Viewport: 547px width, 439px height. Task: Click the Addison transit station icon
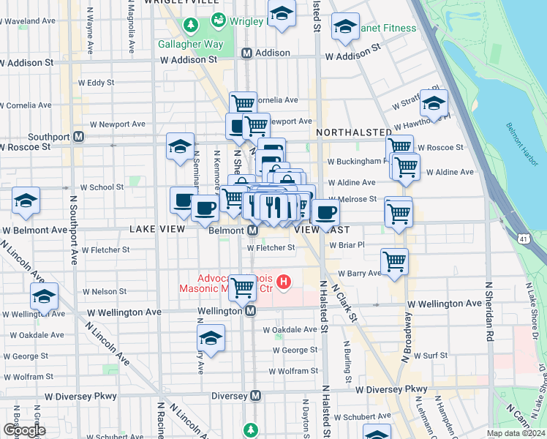coord(247,53)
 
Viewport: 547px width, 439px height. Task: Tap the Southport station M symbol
coord(79,137)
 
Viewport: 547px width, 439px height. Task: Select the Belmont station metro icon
coord(252,230)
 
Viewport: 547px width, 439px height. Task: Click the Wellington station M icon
coord(250,311)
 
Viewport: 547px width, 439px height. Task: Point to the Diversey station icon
coord(255,395)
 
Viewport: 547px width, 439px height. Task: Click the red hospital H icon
coord(285,280)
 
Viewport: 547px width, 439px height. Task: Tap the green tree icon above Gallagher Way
coord(191,26)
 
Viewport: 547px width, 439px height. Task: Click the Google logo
coord(24,429)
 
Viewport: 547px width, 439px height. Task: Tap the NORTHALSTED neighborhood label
coord(354,132)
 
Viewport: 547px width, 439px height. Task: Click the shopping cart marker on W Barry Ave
coord(394,260)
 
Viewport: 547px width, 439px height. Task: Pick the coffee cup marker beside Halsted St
coord(325,212)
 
